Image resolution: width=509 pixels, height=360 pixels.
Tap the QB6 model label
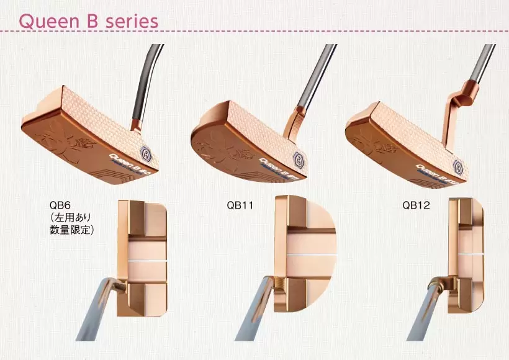point(61,204)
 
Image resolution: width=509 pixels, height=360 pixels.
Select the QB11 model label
point(240,204)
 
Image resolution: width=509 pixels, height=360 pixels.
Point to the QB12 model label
point(415,204)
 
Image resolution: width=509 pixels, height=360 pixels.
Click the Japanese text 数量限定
point(72,230)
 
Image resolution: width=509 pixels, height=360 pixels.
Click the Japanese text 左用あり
point(72,217)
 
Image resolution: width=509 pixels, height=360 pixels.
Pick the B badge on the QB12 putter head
point(458,166)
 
